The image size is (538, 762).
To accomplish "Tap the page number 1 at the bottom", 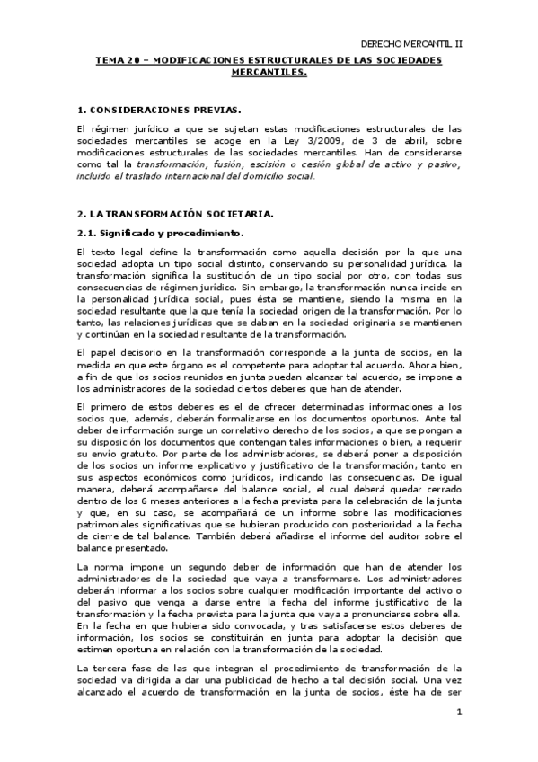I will (x=459, y=714).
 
